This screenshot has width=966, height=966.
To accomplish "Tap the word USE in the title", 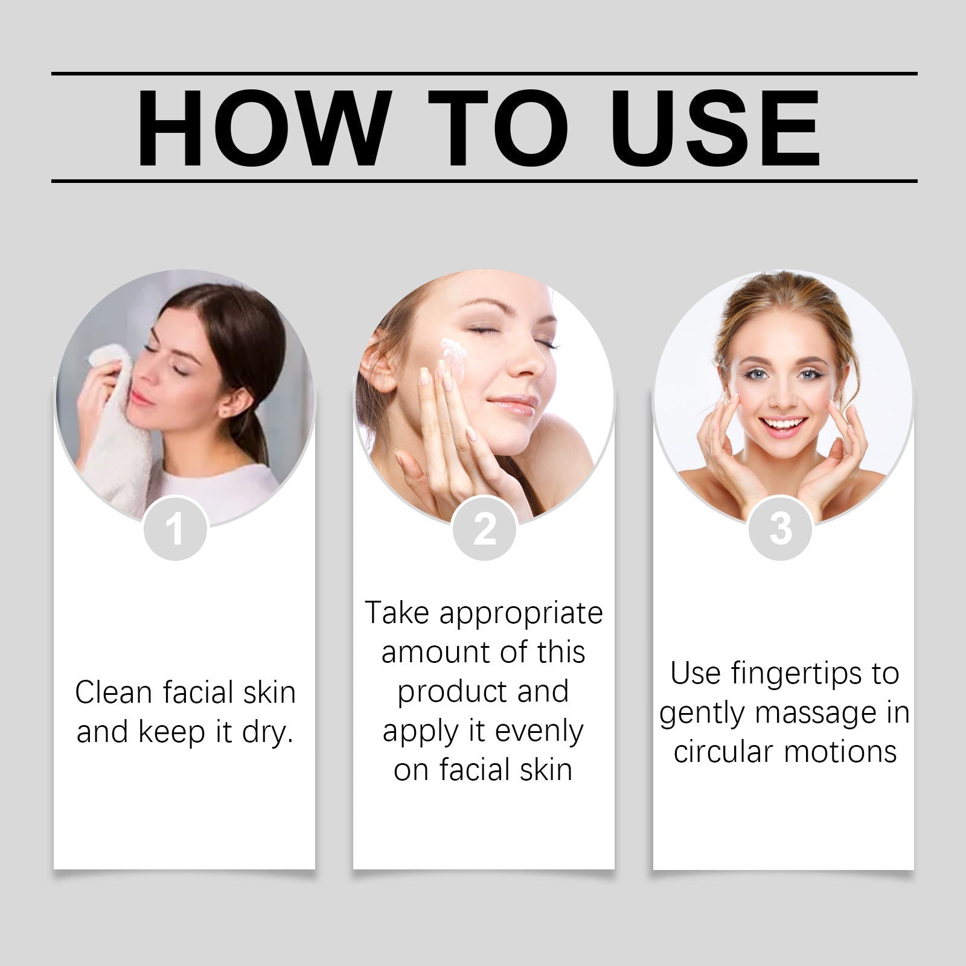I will coord(718,128).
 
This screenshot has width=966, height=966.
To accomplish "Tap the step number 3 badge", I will coord(780,528).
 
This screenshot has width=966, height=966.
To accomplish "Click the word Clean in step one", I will coord(114,693).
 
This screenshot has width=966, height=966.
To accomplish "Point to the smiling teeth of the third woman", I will coord(783,424).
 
